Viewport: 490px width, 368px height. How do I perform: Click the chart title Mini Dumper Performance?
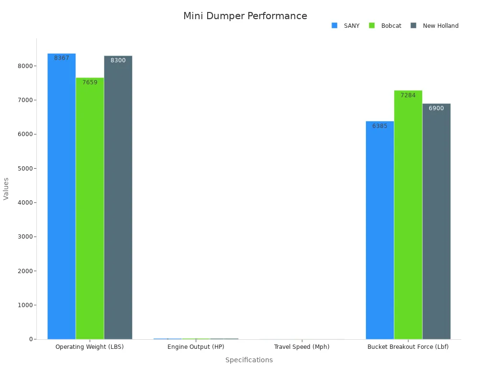tap(245, 16)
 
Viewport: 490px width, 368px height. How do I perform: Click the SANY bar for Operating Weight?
tap(61, 196)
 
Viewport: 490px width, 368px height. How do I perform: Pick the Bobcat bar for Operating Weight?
tap(89, 208)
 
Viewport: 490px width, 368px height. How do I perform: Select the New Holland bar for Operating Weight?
tap(118, 197)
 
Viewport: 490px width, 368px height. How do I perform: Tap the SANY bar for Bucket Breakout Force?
tap(380, 230)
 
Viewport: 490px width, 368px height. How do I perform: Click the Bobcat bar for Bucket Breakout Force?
tap(408, 215)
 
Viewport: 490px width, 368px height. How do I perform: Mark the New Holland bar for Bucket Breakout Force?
tap(436, 221)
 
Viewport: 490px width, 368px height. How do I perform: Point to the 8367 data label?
tap(62, 58)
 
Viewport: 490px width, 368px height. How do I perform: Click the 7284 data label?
tap(408, 95)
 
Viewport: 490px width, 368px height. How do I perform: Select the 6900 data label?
tap(436, 108)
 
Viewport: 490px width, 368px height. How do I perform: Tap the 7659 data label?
tap(89, 82)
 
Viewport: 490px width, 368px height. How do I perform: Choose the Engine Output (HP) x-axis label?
tap(196, 347)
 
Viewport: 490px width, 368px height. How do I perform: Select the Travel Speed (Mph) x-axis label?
tap(301, 347)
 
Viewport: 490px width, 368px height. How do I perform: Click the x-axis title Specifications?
tap(249, 360)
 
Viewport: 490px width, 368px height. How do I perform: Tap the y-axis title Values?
tap(6, 189)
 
